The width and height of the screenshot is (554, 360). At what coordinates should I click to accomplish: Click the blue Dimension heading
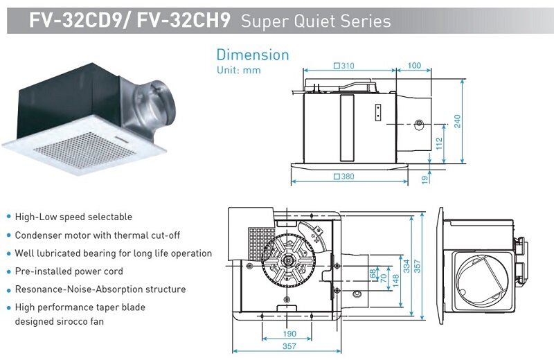pyautogui.click(x=252, y=55)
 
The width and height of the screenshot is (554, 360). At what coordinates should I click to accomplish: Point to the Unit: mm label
pyautogui.click(x=238, y=70)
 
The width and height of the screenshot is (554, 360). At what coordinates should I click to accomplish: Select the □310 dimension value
pyautogui.click(x=343, y=66)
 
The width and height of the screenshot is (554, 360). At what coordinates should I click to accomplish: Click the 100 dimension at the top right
pyautogui.click(x=414, y=66)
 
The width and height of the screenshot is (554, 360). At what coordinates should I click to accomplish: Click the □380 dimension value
pyautogui.click(x=343, y=177)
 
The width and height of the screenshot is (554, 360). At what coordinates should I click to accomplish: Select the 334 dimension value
pyautogui.click(x=406, y=264)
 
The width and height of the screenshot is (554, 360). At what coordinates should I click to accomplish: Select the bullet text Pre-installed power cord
pyautogui.click(x=69, y=271)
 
